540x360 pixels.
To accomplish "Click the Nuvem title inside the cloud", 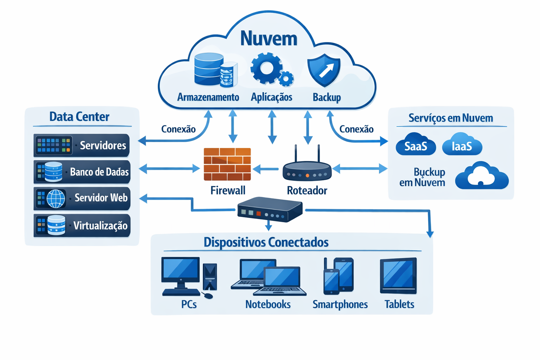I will click(269, 38).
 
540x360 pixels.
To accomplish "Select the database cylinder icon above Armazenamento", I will click(210, 69).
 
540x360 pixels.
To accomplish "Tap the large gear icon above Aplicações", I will click(266, 68).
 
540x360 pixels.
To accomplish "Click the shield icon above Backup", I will click(324, 70).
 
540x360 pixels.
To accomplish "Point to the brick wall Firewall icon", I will click(227, 164).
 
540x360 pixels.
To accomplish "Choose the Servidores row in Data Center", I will click(82, 145).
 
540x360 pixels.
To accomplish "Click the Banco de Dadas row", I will click(82, 172).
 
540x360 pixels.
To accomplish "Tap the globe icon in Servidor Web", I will click(56, 199).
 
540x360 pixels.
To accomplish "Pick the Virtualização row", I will click(82, 225).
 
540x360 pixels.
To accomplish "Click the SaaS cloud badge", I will click(416, 145).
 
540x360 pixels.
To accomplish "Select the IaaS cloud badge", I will click(462, 145).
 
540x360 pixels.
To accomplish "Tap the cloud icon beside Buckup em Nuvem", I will click(482, 176).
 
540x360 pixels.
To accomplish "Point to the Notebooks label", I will click(268, 304).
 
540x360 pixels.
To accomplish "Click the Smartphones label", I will click(340, 304).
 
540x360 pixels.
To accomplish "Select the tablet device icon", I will click(398, 276).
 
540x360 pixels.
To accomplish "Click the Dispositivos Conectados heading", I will click(266, 242).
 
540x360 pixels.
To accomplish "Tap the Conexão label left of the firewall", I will click(178, 129).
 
